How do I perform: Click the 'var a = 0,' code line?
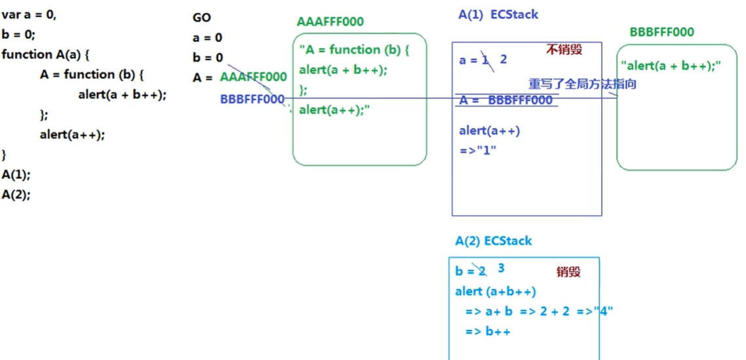coord(29,15)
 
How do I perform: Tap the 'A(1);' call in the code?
coord(16,175)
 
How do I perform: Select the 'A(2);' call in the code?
coord(16,195)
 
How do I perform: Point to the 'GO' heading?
coord(202,18)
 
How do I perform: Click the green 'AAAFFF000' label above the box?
coord(330,22)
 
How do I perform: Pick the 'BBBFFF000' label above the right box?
coord(661,32)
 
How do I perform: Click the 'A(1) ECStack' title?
coord(498,14)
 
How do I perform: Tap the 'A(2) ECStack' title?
coord(494,241)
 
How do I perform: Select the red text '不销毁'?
coord(564,49)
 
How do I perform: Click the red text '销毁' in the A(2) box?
coord(568,271)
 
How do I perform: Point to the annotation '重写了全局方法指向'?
coord(583,84)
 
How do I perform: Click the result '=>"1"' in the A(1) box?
coord(478,150)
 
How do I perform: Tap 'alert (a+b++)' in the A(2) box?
coord(495,291)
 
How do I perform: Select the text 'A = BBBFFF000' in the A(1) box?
coord(505,100)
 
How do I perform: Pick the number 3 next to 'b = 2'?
coord(501,268)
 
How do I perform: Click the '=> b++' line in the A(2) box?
coord(488,331)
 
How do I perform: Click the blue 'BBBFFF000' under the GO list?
coord(252,99)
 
